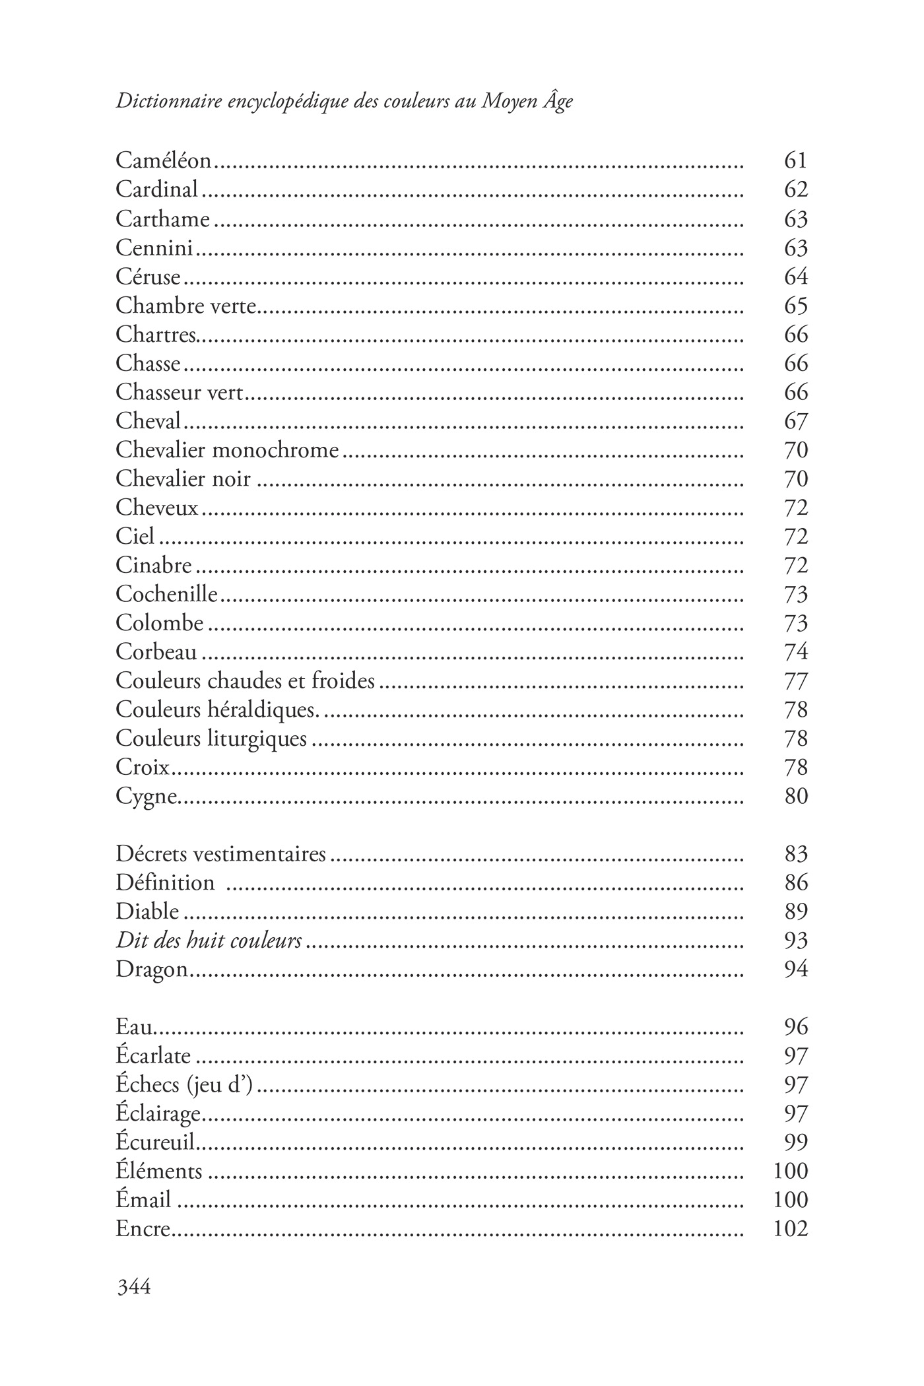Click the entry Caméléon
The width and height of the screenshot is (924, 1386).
tap(163, 160)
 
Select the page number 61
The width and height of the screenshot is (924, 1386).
tap(796, 160)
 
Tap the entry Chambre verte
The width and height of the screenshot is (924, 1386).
tap(185, 306)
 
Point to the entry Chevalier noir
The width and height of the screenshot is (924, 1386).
tap(183, 478)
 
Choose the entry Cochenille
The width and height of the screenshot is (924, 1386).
tap(166, 594)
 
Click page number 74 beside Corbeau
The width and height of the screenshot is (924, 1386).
tap(796, 652)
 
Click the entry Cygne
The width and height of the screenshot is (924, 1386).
tap(147, 797)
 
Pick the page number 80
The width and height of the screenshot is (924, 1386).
tap(796, 797)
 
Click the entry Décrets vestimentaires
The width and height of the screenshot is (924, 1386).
tap(220, 854)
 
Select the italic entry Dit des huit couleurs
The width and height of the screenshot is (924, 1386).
tap(209, 940)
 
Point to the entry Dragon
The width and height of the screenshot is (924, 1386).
tap(152, 970)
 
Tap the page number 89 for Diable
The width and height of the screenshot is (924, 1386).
tap(796, 911)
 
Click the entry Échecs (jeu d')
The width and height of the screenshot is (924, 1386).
tap(184, 1085)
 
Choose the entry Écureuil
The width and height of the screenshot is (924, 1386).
tap(158, 1142)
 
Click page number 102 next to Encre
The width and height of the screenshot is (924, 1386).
tap(790, 1229)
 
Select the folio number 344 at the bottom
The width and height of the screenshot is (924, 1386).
tap(133, 1286)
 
